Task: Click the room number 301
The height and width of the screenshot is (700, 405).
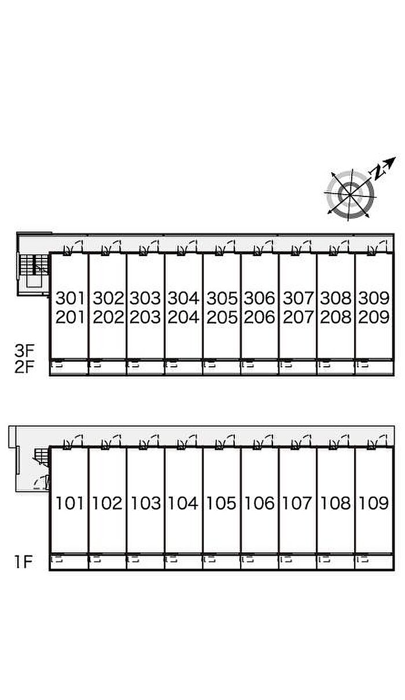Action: pyautogui.click(x=70, y=298)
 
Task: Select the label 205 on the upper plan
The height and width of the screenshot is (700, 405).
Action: pyautogui.click(x=222, y=318)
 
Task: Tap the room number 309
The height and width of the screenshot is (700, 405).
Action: pyautogui.click(x=374, y=298)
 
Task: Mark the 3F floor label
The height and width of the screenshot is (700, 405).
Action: pyautogui.click(x=24, y=351)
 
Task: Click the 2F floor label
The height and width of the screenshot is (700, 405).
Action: pyautogui.click(x=24, y=367)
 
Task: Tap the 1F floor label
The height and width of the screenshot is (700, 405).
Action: pyautogui.click(x=24, y=562)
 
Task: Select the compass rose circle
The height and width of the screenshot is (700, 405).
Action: pyautogui.click(x=351, y=194)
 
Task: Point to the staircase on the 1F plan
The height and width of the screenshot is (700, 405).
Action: pyautogui.click(x=41, y=458)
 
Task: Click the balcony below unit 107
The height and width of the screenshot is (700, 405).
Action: pyautogui.click(x=297, y=562)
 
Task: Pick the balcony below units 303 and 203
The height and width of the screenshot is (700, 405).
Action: pyautogui.click(x=145, y=367)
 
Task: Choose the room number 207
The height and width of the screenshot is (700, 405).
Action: pyautogui.click(x=297, y=318)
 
